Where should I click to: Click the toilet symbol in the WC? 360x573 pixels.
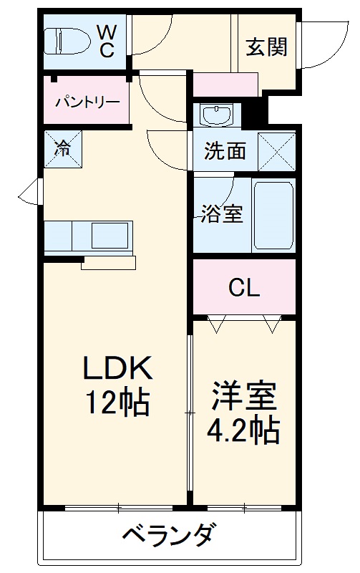point(65,40)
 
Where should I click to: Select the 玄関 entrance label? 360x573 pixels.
point(266,47)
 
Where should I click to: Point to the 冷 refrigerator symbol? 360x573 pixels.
point(62,148)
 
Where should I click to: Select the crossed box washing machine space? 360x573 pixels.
point(277,150)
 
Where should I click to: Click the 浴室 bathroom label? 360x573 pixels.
point(220,213)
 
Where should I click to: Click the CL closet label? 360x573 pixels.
point(244,287)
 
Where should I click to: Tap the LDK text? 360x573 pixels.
point(117,368)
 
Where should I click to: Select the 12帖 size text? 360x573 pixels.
point(117,403)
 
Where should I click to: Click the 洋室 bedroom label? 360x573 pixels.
point(243,395)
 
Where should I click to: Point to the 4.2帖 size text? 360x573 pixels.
point(243,430)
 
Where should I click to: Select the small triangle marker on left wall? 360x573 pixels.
point(27,191)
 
